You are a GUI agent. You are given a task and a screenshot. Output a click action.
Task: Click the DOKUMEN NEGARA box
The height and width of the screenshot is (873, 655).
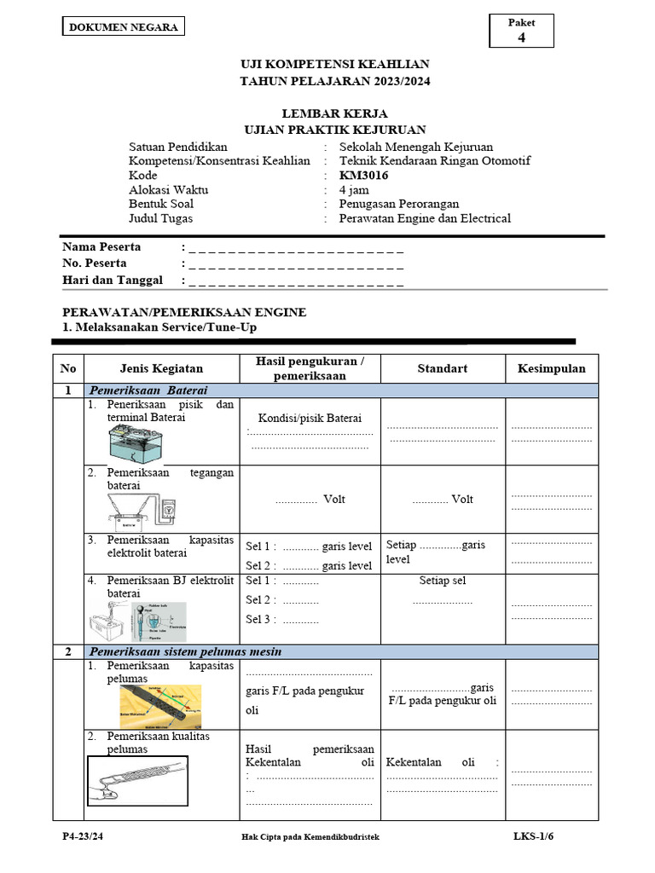pyautogui.click(x=123, y=26)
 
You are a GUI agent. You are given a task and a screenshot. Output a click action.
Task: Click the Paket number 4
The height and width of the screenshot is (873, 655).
pyautogui.click(x=521, y=38)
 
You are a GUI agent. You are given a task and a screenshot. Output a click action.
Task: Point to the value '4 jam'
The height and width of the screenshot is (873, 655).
pyautogui.click(x=354, y=190)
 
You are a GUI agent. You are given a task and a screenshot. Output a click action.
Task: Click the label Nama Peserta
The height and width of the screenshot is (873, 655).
pyautogui.click(x=101, y=247)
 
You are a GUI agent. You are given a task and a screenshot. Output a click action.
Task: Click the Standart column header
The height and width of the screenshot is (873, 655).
pyautogui.click(x=442, y=368)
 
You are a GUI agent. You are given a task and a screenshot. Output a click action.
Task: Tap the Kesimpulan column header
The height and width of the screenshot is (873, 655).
pyautogui.click(x=551, y=368)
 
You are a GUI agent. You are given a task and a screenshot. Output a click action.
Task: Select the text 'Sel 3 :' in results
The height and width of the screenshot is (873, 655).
pyautogui.click(x=259, y=619)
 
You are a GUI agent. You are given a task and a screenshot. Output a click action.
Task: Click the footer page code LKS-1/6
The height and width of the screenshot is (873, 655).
pyautogui.click(x=533, y=836)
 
